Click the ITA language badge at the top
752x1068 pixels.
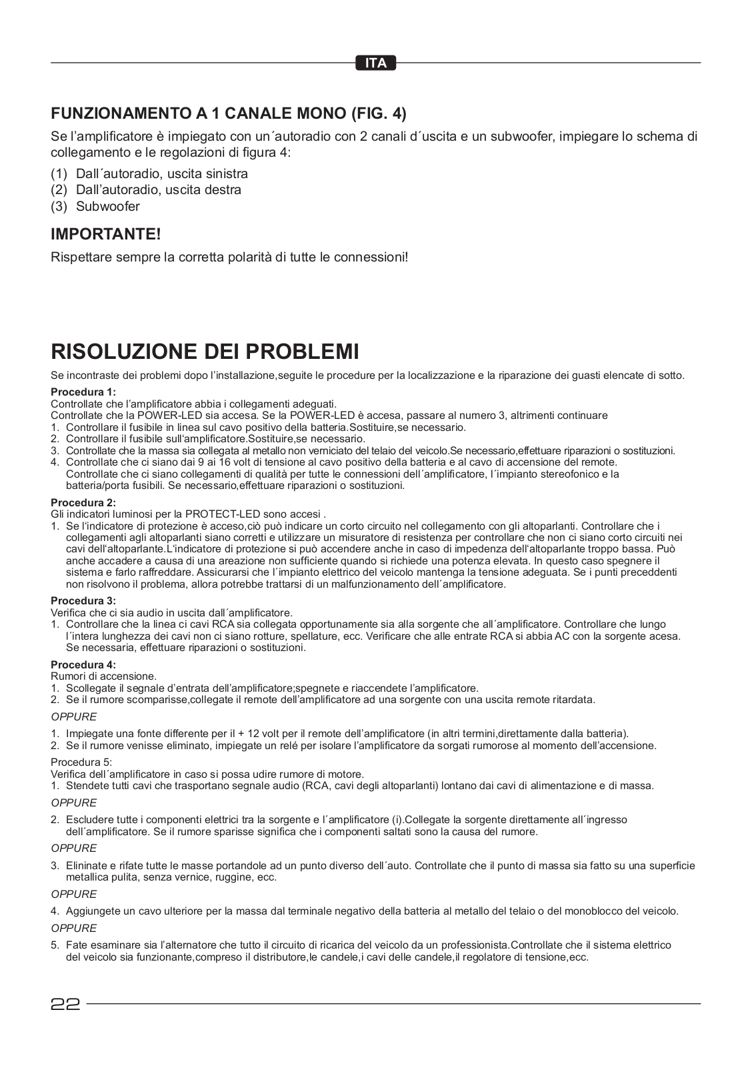click(376, 63)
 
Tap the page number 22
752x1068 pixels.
click(65, 1004)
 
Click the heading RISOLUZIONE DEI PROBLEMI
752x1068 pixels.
click(205, 352)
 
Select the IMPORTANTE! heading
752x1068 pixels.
click(106, 234)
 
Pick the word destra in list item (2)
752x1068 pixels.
click(219, 189)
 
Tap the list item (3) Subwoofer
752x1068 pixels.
click(95, 206)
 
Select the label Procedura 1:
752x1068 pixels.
click(83, 392)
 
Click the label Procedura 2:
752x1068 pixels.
click(83, 502)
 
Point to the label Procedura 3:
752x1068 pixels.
click(83, 600)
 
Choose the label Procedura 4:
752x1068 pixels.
click(83, 664)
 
